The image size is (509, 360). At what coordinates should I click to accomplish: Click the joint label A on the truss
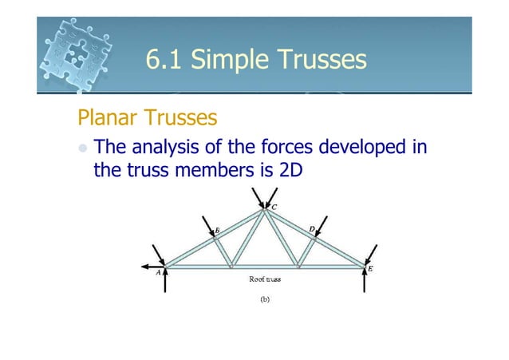pos(158,271)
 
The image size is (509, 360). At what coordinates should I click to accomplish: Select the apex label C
pos(274,208)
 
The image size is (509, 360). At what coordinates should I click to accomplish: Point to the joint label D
pos(312,228)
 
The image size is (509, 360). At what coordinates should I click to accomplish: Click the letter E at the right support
pos(371,269)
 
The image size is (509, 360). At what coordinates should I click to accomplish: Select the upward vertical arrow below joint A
pos(164,281)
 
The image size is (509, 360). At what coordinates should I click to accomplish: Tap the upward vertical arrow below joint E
pos(365,281)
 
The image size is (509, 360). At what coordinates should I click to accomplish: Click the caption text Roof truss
pos(264,279)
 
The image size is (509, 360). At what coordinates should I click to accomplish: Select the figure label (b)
pos(264,301)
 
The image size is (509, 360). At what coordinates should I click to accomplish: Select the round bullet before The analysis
pos(82,148)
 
